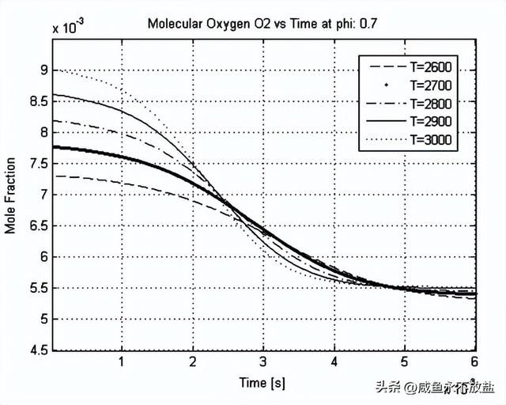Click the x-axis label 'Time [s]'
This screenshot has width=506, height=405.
262,383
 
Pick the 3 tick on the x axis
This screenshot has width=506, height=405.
262,361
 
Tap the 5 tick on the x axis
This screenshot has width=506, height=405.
404,361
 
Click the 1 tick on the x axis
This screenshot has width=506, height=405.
122,361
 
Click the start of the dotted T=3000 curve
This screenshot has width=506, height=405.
53,70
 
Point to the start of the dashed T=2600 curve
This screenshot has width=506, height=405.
53,176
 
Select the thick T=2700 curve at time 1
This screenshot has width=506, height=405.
122,157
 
